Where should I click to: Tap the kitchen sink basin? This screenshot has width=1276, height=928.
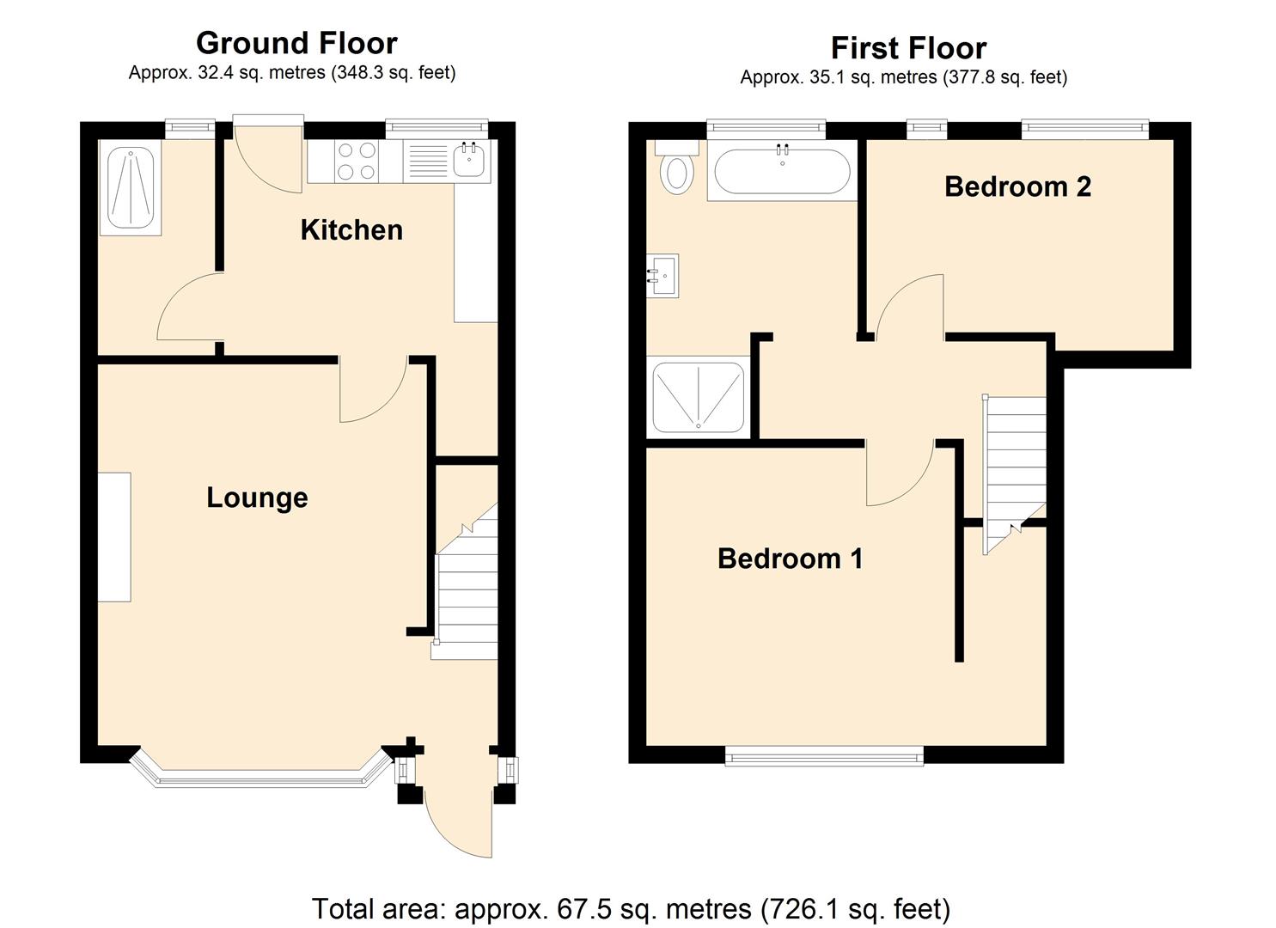469,161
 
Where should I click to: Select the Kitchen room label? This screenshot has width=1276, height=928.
351,230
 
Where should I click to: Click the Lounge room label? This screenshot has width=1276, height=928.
257,498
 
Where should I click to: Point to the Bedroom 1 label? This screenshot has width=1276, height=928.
790,559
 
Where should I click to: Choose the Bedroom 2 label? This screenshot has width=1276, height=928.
1017,186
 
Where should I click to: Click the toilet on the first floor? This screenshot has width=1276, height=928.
677,170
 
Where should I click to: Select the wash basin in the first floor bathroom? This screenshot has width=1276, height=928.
662,276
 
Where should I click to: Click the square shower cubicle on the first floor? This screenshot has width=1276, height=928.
698,397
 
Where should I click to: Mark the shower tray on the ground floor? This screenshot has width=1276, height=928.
131,188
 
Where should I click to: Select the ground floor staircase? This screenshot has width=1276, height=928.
466,593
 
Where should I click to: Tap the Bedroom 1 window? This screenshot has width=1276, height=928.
824,755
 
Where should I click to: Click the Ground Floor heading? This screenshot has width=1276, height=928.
296,43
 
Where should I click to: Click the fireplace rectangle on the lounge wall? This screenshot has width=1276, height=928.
114,537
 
